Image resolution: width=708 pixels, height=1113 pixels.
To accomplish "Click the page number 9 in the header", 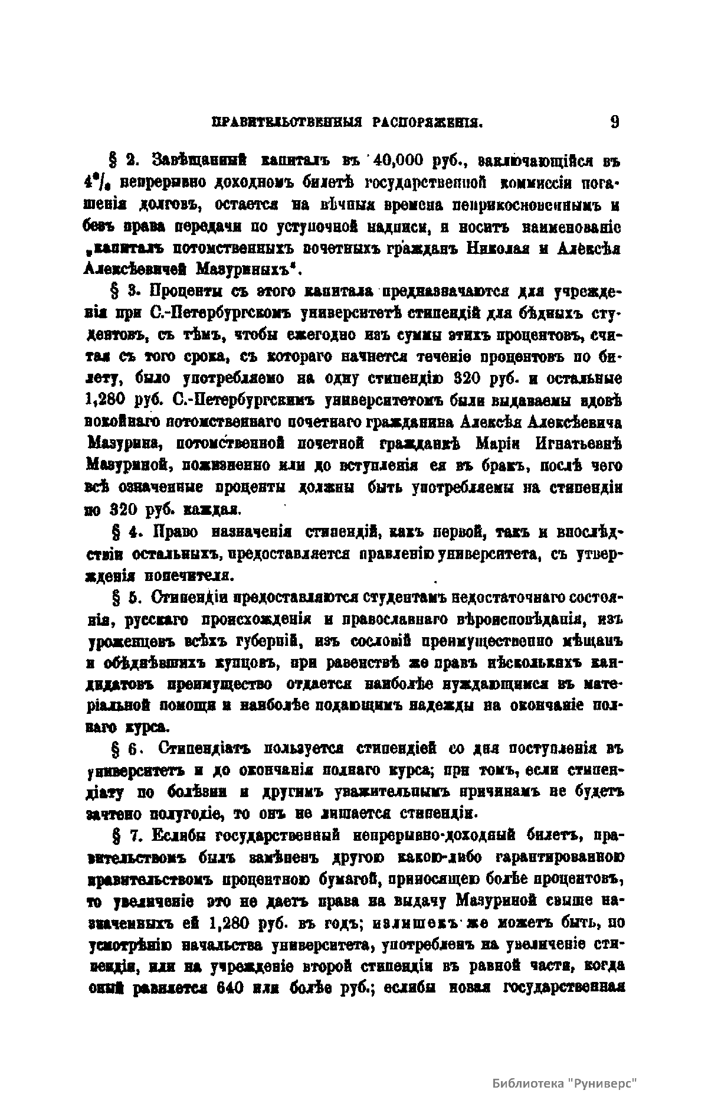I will point(614,122).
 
